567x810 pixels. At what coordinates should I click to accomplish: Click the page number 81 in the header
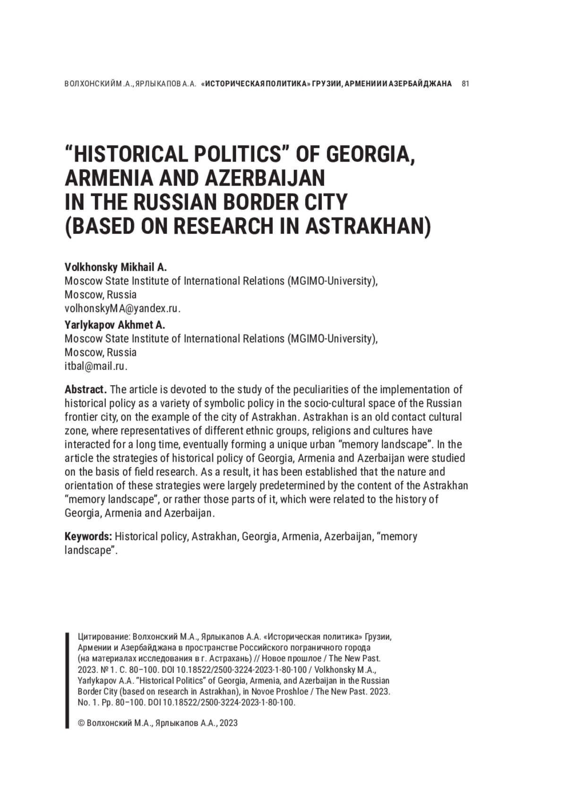tap(465, 84)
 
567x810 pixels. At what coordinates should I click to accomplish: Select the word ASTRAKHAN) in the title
tap(368, 226)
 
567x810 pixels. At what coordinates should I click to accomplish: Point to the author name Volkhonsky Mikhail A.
tap(116, 267)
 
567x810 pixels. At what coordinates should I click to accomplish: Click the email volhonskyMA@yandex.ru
tap(122, 309)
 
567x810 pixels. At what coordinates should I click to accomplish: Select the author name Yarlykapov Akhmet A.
tap(115, 325)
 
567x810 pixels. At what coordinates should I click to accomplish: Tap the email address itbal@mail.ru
tap(95, 366)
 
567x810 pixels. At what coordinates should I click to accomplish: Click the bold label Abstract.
tap(86, 390)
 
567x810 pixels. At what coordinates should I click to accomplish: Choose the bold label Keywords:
tap(88, 537)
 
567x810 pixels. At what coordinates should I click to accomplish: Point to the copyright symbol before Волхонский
tap(81, 723)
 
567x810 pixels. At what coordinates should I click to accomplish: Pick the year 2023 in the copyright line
tap(229, 723)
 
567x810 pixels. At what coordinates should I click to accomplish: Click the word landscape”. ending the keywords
tap(91, 551)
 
